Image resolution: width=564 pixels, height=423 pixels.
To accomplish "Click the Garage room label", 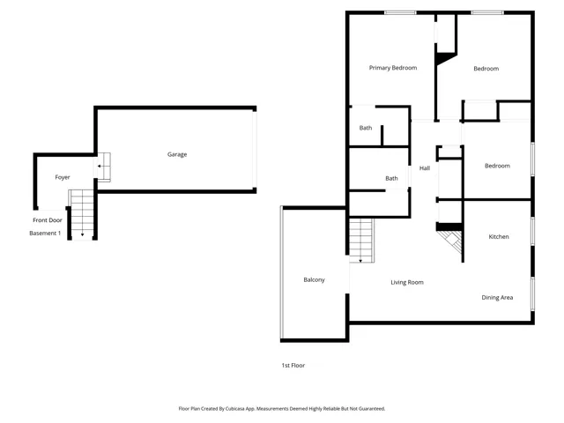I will [x=177, y=154].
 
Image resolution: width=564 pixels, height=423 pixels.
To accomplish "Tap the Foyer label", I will [x=63, y=177].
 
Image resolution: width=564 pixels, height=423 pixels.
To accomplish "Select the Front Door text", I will [x=48, y=219].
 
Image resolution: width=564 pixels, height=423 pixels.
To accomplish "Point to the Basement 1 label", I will [x=45, y=233].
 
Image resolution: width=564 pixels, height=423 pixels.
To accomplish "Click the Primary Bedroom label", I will [x=392, y=68].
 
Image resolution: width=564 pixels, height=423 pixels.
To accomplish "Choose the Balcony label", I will [x=314, y=280].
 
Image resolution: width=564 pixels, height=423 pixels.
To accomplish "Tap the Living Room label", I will [x=407, y=282].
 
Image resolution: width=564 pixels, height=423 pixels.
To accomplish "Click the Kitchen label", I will [x=499, y=236].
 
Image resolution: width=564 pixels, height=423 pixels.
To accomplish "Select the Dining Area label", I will [x=497, y=298].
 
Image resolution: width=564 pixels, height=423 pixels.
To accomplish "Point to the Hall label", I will [x=424, y=168].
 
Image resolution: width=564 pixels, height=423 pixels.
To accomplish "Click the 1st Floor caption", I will [x=293, y=365].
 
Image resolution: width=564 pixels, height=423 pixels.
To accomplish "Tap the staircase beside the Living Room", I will [x=361, y=241].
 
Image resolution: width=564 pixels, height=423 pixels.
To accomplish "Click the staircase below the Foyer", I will [x=82, y=214].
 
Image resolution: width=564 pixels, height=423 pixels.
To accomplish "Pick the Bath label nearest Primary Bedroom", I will [x=365, y=129].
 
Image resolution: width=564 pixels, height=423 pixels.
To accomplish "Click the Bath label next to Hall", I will [x=391, y=179].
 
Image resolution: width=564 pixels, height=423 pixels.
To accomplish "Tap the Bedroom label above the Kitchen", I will [x=497, y=166].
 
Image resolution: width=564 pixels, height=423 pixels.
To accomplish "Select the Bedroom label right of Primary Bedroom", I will [x=486, y=69].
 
